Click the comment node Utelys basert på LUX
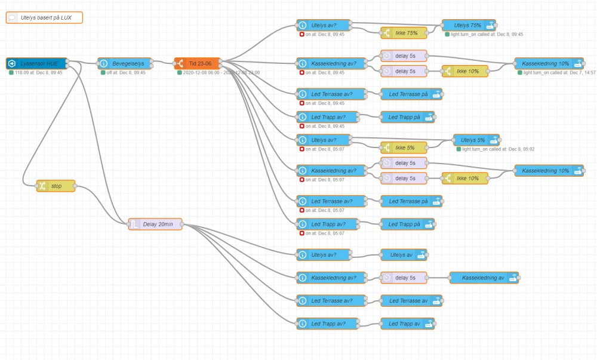44,18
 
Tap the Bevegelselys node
125,63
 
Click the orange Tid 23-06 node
198,63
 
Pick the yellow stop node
56,186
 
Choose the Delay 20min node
155,224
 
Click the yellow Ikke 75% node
404,33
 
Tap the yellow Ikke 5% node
404,147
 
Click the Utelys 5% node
476,140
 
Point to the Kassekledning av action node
484,278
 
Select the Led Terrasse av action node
408,300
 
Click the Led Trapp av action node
408,324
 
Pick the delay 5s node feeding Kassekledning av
404,278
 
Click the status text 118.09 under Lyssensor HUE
38,73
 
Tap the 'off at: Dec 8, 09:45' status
126,73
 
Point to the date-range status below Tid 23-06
217,73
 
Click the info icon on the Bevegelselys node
104,63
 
